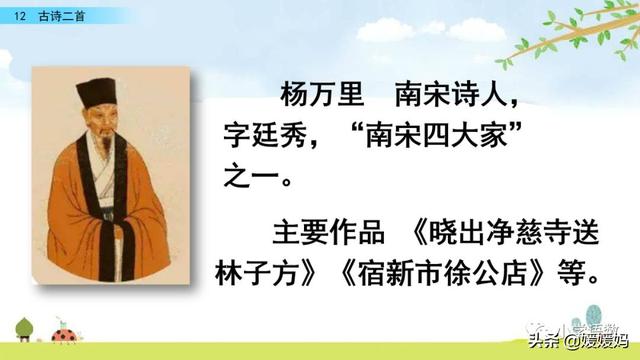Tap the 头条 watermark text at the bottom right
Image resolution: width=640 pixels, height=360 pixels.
pyautogui.click(x=551, y=341)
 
